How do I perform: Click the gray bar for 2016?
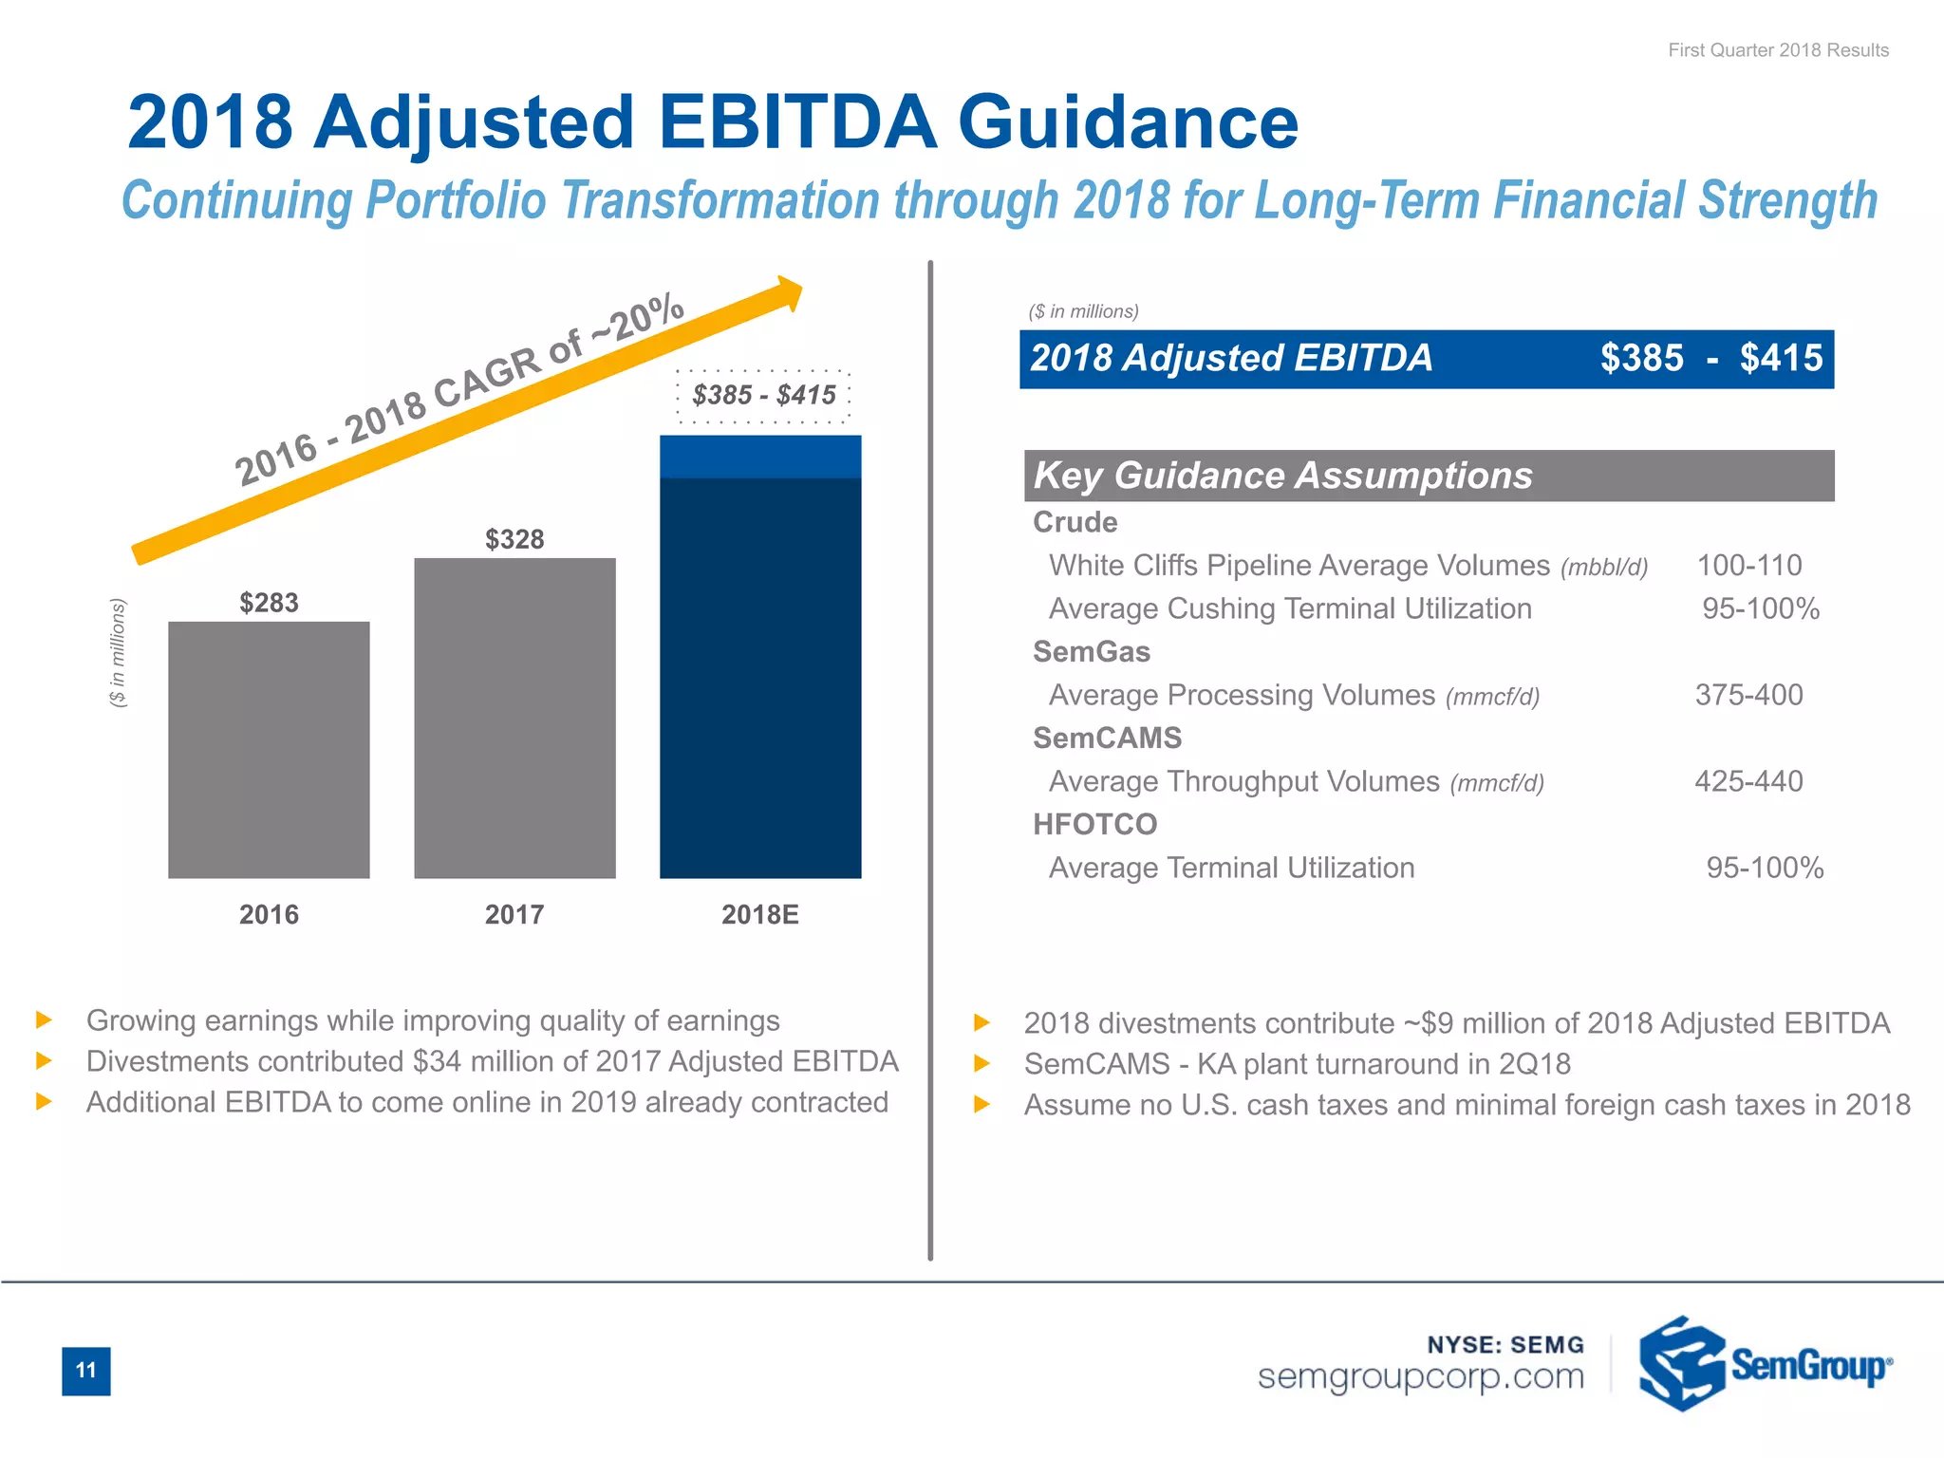269,750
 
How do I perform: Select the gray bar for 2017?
514,719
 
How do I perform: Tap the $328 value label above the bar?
514,539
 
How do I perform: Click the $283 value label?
269,603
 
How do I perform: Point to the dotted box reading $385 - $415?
763,395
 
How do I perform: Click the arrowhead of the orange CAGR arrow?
788,293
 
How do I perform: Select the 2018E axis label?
759,914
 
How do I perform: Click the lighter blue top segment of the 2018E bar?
760,457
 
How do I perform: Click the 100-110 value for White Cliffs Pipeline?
1748,566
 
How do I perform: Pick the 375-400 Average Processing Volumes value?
1748,695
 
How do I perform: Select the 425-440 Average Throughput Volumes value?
1748,781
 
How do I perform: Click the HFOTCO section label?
1094,824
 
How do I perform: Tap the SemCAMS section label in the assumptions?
1107,738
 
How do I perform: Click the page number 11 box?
86,1371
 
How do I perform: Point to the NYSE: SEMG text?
1505,1345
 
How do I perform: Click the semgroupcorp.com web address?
1420,1376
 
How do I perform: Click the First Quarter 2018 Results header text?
1778,50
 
